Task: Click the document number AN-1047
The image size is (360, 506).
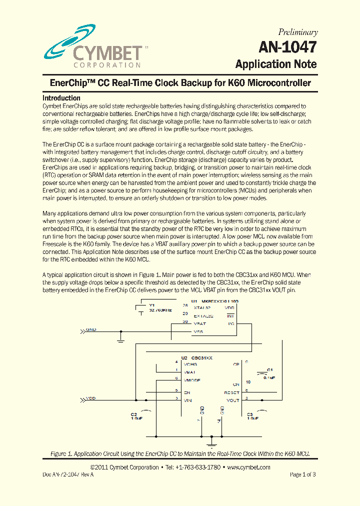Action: (287, 47)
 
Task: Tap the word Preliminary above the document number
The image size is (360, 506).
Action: (298, 32)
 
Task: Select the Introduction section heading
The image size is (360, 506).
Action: (61, 98)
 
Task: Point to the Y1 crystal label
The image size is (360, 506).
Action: (152, 305)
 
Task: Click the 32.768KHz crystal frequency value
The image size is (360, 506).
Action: (160, 310)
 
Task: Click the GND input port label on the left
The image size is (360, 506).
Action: (91, 330)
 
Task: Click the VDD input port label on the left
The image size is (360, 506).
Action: (91, 398)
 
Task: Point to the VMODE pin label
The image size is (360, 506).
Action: (192, 380)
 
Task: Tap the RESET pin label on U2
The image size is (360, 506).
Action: (232, 393)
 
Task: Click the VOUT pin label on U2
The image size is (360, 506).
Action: (233, 400)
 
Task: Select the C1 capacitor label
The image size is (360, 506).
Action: (269, 370)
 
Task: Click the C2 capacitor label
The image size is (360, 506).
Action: (134, 414)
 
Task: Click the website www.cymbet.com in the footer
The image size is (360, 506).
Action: (248, 467)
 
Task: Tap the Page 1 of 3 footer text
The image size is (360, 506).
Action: (302, 474)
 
